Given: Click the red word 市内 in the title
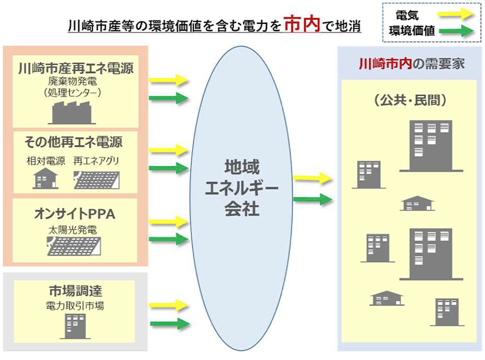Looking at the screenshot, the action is click(x=302, y=25).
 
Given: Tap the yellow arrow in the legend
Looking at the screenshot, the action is click(x=456, y=14).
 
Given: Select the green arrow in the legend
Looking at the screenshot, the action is click(x=456, y=31).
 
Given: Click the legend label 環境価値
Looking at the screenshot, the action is click(x=412, y=31).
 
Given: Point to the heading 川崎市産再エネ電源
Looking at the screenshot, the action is click(x=76, y=68).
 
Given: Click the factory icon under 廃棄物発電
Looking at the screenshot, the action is click(x=72, y=112).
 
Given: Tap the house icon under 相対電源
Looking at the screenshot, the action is click(x=45, y=178).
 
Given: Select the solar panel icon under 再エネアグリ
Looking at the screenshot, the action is click(x=96, y=180).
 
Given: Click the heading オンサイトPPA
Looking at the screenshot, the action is click(x=75, y=214).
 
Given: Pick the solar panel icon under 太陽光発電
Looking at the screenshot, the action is click(x=74, y=246).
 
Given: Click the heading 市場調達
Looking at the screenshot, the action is click(x=75, y=291).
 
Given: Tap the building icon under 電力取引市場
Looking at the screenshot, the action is click(x=75, y=326).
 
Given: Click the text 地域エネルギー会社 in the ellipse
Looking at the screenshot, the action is click(x=242, y=188).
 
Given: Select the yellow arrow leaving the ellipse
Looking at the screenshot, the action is click(x=312, y=178).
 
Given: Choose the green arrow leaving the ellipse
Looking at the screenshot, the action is click(x=312, y=199).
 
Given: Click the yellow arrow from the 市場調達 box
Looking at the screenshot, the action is click(x=169, y=305).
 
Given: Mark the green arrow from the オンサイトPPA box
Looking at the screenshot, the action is click(x=169, y=239).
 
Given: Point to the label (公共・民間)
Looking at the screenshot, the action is click(x=410, y=100).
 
